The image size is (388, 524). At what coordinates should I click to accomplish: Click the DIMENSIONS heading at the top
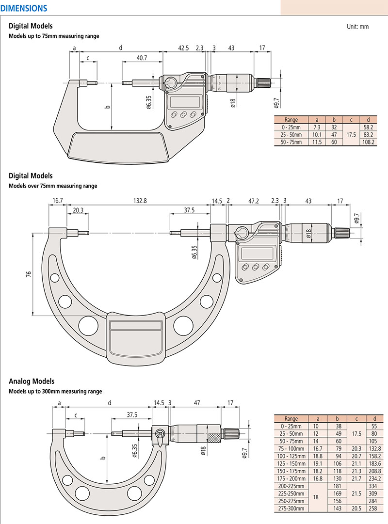(24, 8)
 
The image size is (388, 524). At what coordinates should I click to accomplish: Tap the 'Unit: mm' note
(357, 27)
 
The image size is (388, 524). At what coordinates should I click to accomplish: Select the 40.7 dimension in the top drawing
(142, 58)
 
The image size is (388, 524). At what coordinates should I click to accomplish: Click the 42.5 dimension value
(183, 48)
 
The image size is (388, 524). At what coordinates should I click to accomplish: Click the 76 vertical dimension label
(29, 274)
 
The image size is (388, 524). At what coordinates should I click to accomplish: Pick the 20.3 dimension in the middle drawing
(78, 210)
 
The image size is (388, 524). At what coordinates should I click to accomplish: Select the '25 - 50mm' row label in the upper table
(291, 134)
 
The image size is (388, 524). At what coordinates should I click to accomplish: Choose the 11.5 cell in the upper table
(317, 142)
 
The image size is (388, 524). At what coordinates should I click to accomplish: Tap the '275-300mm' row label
(291, 508)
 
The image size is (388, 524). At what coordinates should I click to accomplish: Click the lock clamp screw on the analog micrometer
(161, 433)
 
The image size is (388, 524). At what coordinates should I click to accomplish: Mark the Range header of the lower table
(291, 418)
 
